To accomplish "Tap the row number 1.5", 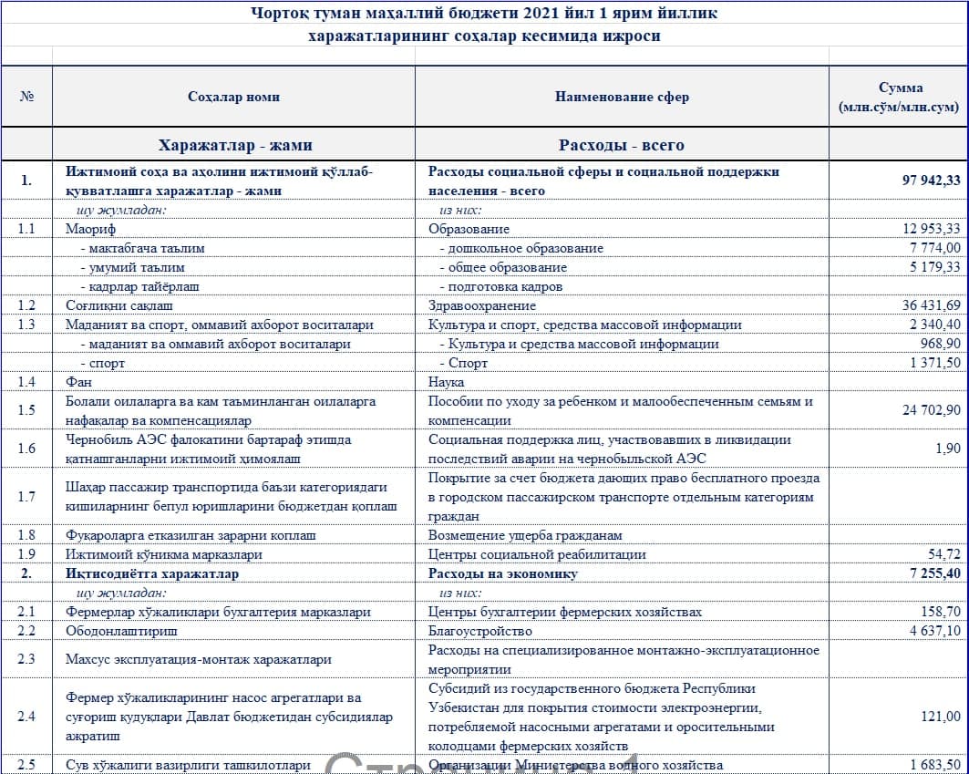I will pyautogui.click(x=26, y=410).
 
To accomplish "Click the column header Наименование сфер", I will pyautogui.click(x=622, y=97).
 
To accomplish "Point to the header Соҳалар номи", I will pyautogui.click(x=233, y=97).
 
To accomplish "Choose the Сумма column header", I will pyautogui.click(x=899, y=97).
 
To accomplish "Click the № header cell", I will pyautogui.click(x=26, y=97).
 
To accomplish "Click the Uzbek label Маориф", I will pyautogui.click(x=90, y=229).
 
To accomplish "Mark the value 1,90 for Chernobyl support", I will pyautogui.click(x=947, y=449).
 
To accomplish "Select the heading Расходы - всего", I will pyautogui.click(x=622, y=145).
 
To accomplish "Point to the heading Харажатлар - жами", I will pyautogui.click(x=234, y=145).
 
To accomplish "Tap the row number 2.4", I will pyautogui.click(x=26, y=717).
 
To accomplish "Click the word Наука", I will pyautogui.click(x=447, y=382).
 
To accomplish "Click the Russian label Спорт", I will pyautogui.click(x=468, y=363).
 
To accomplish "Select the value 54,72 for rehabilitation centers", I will pyautogui.click(x=943, y=554).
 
